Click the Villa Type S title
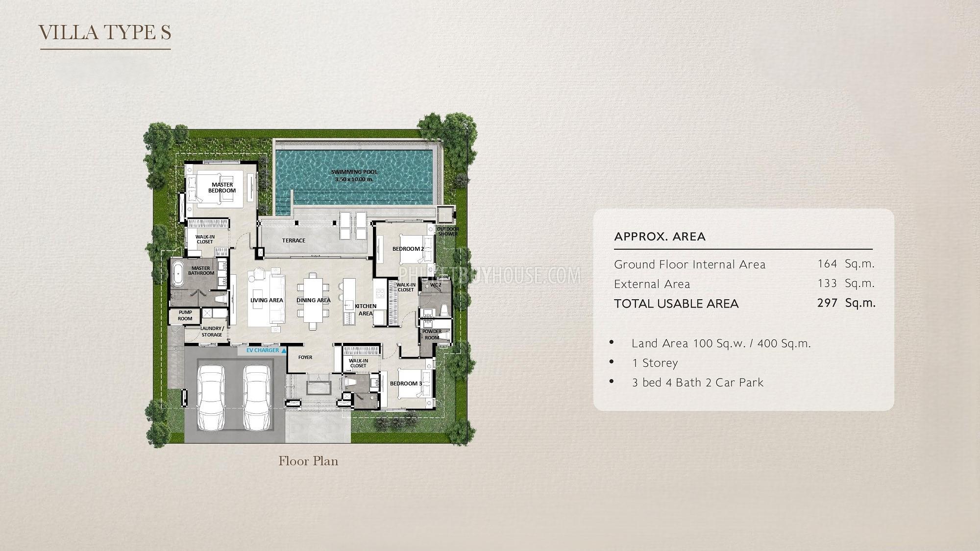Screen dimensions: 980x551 coord(105,32)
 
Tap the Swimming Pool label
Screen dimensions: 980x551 coord(354,175)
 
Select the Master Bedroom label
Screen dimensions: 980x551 coord(222,188)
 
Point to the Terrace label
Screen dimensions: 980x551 coord(294,240)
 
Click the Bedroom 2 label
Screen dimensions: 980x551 coord(408,249)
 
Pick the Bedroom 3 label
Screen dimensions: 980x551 coord(406,383)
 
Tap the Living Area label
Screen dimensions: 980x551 coord(267,300)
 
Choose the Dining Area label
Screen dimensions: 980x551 coord(314,300)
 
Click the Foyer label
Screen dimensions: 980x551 coord(305,358)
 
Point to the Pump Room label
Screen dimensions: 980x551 coord(185,315)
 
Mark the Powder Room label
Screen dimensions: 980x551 coord(432,335)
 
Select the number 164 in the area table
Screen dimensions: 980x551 coord(827,264)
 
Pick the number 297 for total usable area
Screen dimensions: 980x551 coord(827,303)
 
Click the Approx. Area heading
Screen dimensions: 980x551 coord(660,237)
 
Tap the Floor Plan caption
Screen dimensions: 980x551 coord(308,461)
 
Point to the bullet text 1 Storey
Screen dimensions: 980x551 coord(655,363)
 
